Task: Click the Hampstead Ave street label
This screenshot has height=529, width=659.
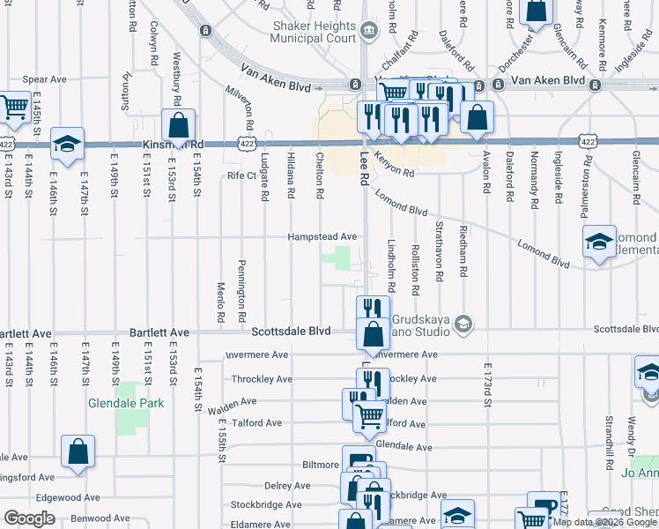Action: [x=322, y=237]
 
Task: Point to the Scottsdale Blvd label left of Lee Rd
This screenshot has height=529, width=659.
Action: [x=291, y=332]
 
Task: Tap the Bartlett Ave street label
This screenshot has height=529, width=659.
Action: [x=159, y=332]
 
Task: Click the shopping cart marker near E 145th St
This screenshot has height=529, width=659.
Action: [x=14, y=108]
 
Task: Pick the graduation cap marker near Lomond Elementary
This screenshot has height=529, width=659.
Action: [x=599, y=242]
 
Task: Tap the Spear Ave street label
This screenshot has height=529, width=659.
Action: [x=45, y=79]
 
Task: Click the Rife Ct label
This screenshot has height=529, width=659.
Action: [x=241, y=175]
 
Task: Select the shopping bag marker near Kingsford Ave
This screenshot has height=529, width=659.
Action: [x=78, y=451]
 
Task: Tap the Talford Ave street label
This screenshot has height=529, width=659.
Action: [x=257, y=423]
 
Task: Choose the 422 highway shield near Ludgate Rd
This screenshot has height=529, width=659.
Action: [x=246, y=142]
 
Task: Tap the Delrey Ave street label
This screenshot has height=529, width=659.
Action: [x=287, y=486]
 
